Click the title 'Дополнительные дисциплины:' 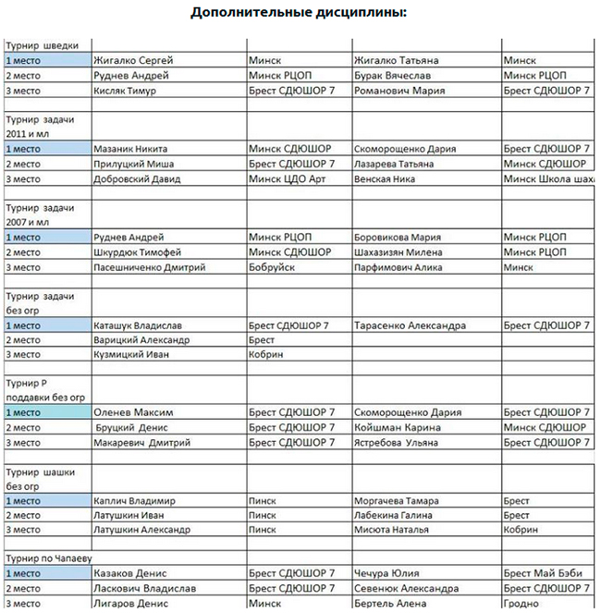tap(300, 13)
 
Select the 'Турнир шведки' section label tap(48, 44)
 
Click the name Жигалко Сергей tap(133, 60)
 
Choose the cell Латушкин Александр tap(141, 530)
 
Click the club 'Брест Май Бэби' tap(544, 574)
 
